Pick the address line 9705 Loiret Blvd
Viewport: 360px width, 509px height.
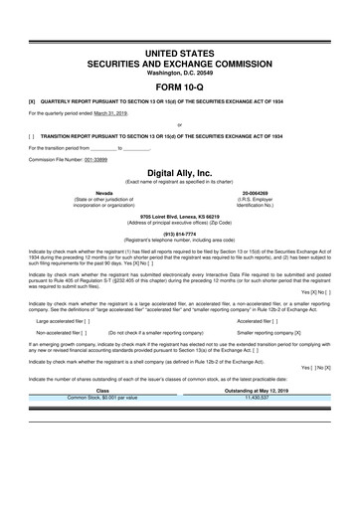coord(180,215)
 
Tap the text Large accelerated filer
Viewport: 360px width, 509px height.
coord(62,321)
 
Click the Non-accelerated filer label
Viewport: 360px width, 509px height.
coord(60,335)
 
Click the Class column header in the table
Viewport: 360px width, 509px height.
coord(100,391)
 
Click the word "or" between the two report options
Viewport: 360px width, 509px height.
coord(180,124)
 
